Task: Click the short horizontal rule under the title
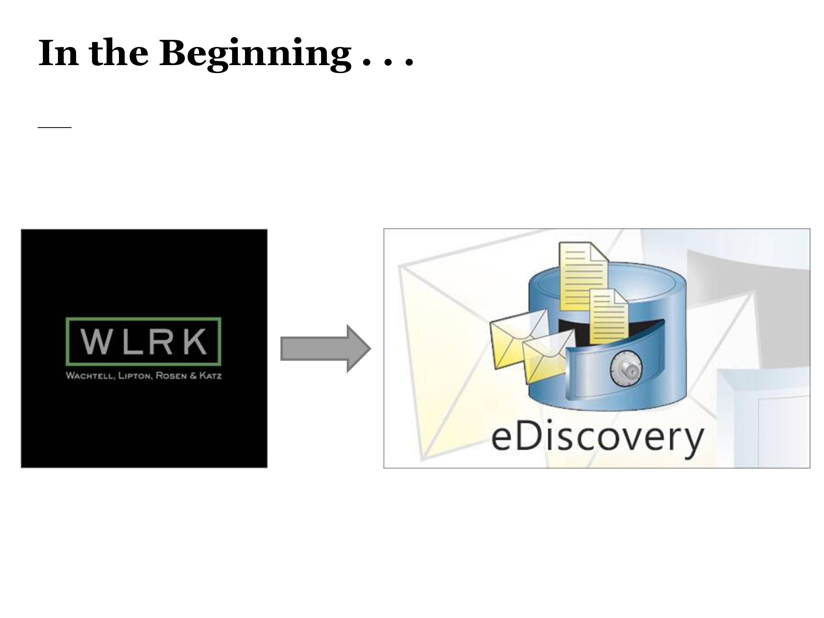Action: pyautogui.click(x=55, y=127)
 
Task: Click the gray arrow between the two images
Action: pyautogui.click(x=325, y=349)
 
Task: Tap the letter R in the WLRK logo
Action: pyautogui.click(x=162, y=341)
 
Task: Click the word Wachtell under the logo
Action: pyautogui.click(x=90, y=375)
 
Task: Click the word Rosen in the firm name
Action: pyautogui.click(x=171, y=375)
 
